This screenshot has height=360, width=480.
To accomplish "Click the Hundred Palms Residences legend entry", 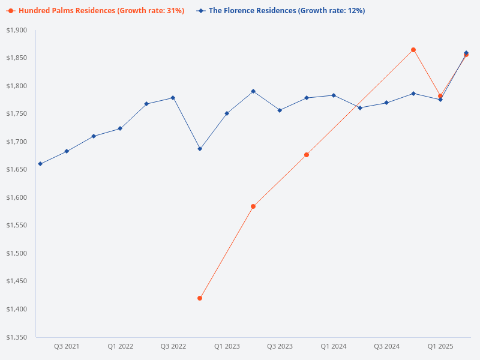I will click(95, 11).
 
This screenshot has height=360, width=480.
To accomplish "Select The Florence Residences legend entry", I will click(282, 11).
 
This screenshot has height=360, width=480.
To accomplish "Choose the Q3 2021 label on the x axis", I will click(67, 346).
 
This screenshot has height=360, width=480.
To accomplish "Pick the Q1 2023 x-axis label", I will click(227, 346).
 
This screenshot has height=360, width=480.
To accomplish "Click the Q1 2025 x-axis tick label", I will click(440, 346).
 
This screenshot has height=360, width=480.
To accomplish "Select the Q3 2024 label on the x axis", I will click(386, 346).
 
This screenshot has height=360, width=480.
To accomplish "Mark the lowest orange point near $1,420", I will click(200, 298).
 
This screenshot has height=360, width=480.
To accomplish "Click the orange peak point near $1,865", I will click(413, 50).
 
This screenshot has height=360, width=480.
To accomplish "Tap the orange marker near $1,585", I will click(253, 206).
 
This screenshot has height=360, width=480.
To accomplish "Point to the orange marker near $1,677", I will click(307, 155).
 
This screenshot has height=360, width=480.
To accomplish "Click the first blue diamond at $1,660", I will click(40, 164).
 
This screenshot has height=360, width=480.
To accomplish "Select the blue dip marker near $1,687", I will click(200, 149).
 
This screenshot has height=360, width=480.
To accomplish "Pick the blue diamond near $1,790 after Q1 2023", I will click(253, 91).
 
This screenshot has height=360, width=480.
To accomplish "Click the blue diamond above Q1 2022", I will click(120, 128).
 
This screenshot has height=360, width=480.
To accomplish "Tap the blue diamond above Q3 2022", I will click(173, 98).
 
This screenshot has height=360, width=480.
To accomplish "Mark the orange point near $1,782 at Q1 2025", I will click(440, 96).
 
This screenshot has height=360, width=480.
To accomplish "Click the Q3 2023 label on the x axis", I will click(280, 346).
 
